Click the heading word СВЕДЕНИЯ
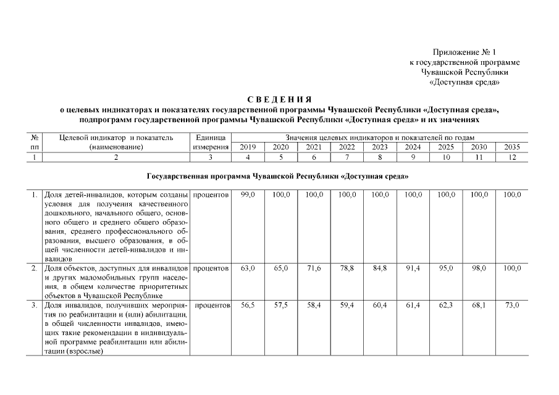pyautogui.click(x=279, y=100)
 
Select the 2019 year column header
pyautogui.click(x=247, y=148)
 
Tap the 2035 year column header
pyautogui.click(x=511, y=148)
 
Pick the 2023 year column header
pyautogui.click(x=379, y=148)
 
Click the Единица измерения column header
pyautogui.click(x=211, y=142)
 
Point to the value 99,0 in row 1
pyautogui.click(x=247, y=195)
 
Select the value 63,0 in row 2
pyautogui.click(x=247, y=268)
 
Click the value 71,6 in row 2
pyautogui.click(x=314, y=268)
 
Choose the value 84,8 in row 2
pyautogui.click(x=380, y=268)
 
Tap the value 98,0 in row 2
pyautogui.click(x=479, y=268)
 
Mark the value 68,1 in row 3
pyautogui.click(x=479, y=306)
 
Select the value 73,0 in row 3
pyautogui.click(x=511, y=306)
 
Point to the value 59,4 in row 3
pyautogui.click(x=347, y=306)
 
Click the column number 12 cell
pyautogui.click(x=511, y=157)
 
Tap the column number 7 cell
pyautogui.click(x=347, y=157)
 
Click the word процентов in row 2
pyautogui.click(x=211, y=268)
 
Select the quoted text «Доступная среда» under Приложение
pyautogui.click(x=464, y=82)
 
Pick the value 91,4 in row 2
pyautogui.click(x=413, y=268)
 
